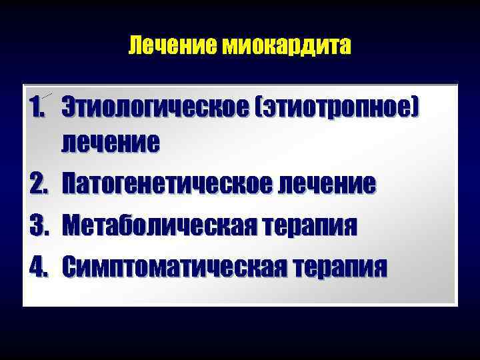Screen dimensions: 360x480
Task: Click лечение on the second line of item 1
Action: pyautogui.click(x=111, y=141)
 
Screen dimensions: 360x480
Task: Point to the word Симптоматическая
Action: pyautogui.click(x=172, y=267)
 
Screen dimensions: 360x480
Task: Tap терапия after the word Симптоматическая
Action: pyautogui.click(x=339, y=267)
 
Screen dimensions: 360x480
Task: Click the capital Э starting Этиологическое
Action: pyautogui.click(x=69, y=107)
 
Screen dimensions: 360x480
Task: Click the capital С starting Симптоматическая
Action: pyautogui.click(x=69, y=267)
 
